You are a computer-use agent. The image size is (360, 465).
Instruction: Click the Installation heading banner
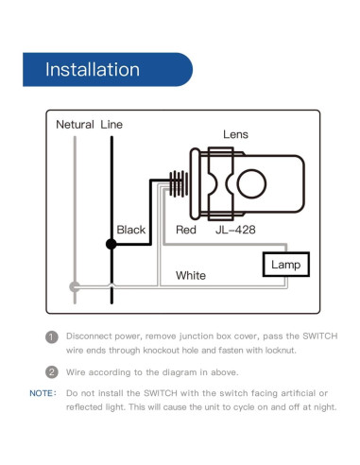tap(93, 70)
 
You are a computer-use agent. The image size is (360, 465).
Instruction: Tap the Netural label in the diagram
tap(75, 125)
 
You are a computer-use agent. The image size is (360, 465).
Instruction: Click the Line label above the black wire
tap(111, 125)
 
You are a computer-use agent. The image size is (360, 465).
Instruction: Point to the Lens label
tap(235, 135)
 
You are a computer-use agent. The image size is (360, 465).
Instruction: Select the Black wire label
tap(130, 230)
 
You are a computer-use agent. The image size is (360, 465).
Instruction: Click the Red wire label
tap(186, 230)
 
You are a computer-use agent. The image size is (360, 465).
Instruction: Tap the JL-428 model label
tap(236, 230)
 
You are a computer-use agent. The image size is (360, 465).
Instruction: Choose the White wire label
tap(190, 276)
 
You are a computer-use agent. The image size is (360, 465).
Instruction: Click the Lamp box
tap(285, 265)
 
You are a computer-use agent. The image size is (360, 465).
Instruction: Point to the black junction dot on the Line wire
tap(111, 245)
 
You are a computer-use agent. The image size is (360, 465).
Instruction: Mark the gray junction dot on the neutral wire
tap(75, 286)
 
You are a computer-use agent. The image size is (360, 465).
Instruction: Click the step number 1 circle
tap(52, 337)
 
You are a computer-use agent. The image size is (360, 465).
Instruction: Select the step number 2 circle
tap(52, 371)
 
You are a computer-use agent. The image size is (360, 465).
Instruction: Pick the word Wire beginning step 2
tap(77, 371)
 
